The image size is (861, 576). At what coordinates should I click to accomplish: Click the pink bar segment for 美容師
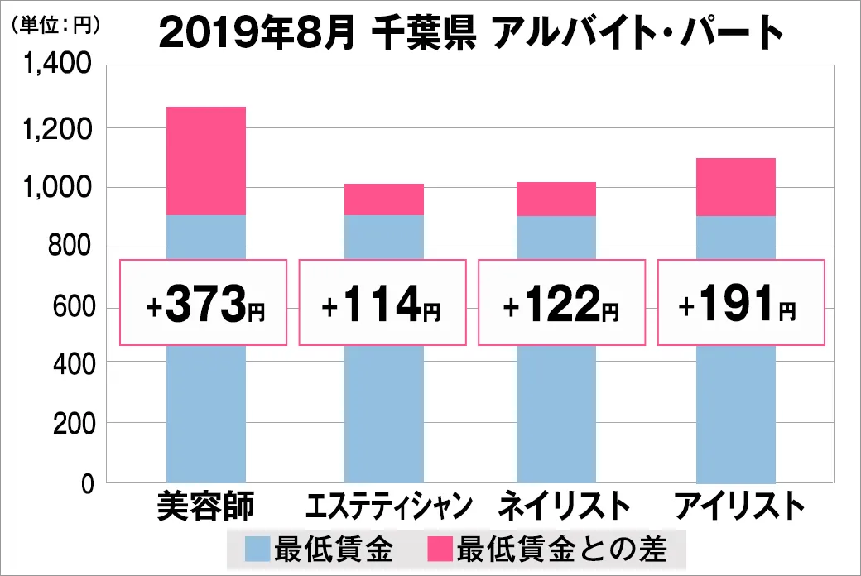206,161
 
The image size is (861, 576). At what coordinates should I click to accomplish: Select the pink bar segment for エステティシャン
383,199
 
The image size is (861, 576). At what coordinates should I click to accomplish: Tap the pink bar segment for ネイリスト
556,199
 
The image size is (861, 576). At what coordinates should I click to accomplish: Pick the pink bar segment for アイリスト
735,187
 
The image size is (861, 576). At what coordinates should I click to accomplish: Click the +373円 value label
204,303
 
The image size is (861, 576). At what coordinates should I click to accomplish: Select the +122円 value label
560,303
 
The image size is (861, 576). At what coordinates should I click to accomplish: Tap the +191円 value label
740,303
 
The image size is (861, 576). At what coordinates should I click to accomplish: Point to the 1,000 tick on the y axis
57,188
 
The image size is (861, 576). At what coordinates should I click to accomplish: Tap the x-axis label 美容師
206,506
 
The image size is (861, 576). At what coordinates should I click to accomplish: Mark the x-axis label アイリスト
739,506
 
